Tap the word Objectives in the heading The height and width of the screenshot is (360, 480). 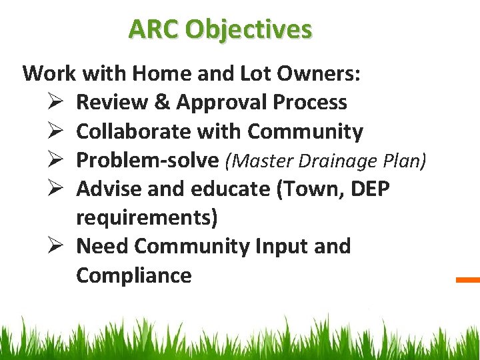249,29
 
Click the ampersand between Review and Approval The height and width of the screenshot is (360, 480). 163,102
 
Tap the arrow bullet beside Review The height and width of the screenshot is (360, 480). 55,102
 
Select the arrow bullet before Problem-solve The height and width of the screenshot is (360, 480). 55,160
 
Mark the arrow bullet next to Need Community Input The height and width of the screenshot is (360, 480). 55,246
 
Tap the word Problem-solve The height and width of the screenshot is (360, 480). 147,160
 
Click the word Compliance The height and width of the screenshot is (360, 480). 134,275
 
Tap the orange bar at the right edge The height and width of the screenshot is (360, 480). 468,280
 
